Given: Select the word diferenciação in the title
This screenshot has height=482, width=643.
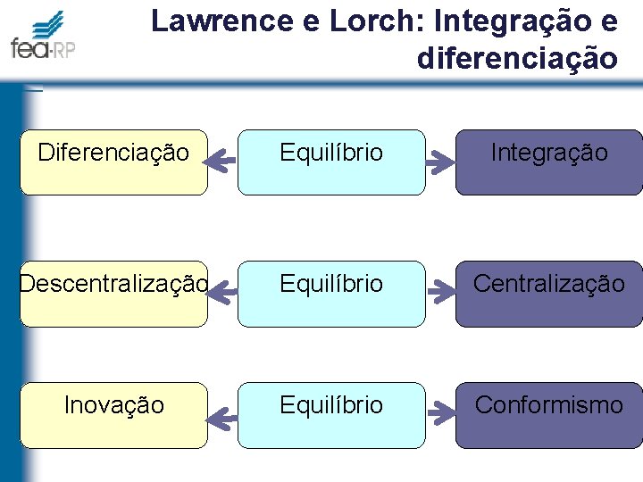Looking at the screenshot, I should tap(516, 58).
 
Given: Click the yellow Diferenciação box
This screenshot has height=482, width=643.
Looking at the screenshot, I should tap(113, 162).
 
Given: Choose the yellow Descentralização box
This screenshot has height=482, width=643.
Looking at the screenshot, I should tap(113, 294).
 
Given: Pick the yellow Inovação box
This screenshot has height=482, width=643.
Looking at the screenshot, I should tap(113, 415).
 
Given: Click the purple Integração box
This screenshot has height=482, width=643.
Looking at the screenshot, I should tap(548, 162).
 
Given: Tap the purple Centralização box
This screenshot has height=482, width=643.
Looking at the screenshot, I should tap(548, 294).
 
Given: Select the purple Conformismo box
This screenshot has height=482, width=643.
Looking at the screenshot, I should tap(548, 415).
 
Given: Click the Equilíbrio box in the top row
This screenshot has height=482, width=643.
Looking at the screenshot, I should tap(331, 162).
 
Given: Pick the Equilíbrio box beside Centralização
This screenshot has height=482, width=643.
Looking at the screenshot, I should tap(331, 294).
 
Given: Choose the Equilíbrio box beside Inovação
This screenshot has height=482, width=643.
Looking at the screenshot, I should tap(331, 415).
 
